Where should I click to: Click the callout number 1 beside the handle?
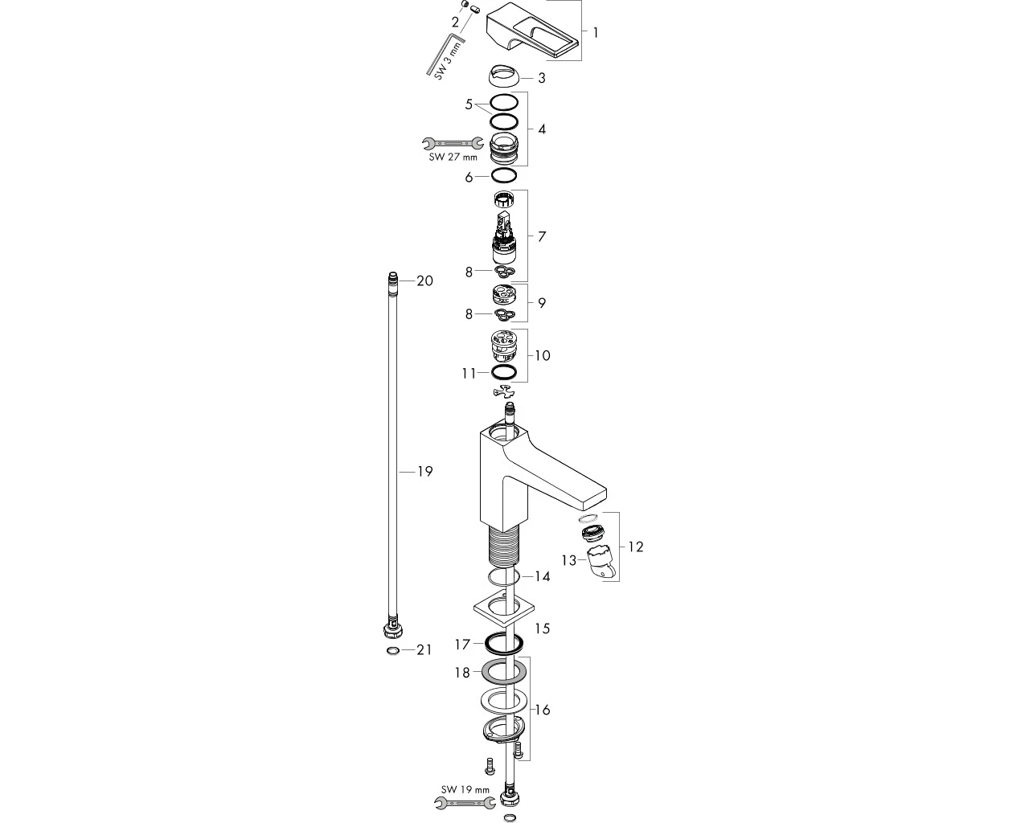click(596, 33)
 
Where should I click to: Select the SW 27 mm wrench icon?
click(453, 142)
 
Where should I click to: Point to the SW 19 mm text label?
click(465, 789)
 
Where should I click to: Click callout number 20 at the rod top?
click(424, 280)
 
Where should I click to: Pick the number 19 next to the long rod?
click(424, 472)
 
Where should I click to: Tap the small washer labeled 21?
click(393, 651)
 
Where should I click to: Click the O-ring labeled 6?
click(504, 176)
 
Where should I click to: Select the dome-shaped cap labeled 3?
click(505, 76)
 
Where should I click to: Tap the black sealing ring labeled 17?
click(504, 644)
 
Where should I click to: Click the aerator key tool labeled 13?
click(601, 563)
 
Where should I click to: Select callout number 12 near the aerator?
click(635, 547)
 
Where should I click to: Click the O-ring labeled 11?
click(504, 371)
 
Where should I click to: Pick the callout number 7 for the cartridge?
click(542, 237)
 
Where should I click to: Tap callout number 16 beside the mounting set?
click(543, 710)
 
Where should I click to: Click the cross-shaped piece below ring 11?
click(505, 391)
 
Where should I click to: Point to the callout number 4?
click(542, 129)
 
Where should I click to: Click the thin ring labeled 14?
click(504, 577)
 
